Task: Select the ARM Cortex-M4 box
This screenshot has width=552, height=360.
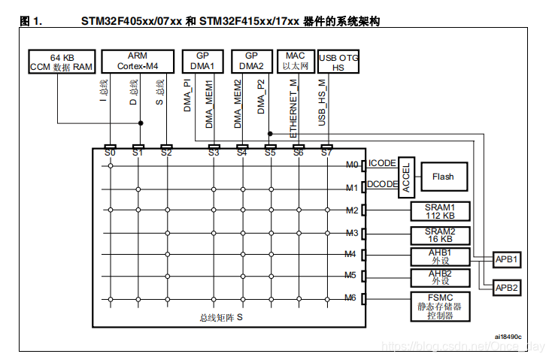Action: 138,61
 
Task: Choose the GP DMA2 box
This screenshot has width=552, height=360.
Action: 251,61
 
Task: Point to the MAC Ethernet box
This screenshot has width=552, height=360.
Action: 296,61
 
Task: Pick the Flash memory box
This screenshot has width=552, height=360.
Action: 442,177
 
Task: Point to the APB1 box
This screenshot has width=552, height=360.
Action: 507,259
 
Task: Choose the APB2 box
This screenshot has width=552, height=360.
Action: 507,287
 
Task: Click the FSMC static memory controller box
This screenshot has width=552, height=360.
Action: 439,306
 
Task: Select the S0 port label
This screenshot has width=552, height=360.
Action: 111,153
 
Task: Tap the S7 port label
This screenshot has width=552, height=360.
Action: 326,153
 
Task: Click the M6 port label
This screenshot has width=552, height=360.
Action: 350,298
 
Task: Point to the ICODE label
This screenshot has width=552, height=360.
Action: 382,163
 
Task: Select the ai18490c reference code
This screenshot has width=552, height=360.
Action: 508,336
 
